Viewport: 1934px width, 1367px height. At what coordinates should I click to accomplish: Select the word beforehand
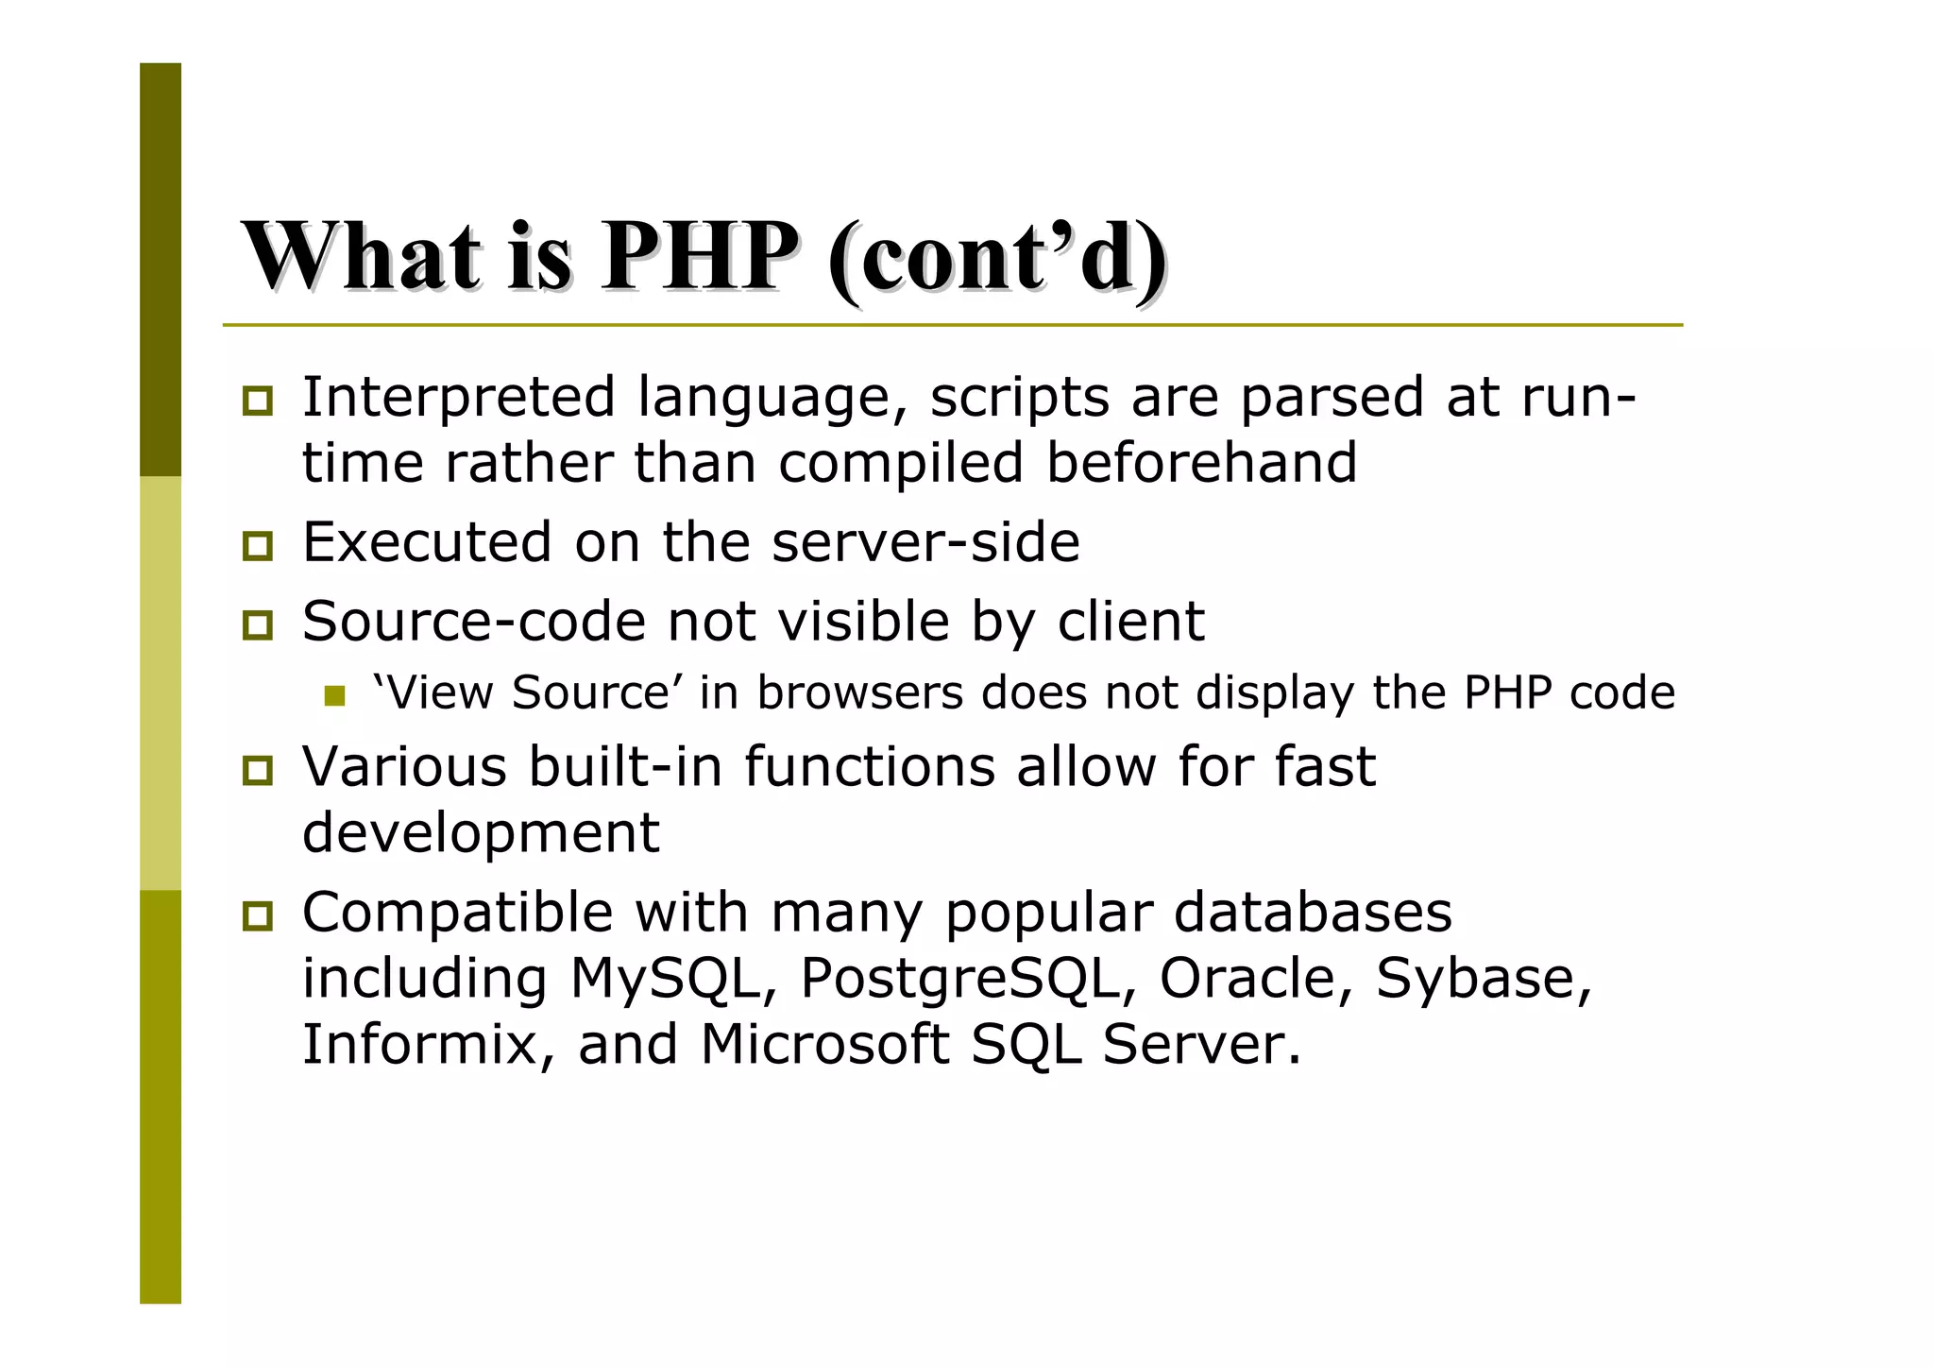[x=1201, y=463]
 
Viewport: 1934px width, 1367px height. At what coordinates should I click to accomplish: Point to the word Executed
[x=426, y=542]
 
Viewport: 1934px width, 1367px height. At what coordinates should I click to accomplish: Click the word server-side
[x=925, y=542]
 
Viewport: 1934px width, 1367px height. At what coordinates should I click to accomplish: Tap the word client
[x=1130, y=622]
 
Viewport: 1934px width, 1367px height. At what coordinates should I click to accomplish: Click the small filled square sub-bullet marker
[x=334, y=696]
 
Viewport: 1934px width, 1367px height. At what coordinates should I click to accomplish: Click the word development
[x=481, y=832]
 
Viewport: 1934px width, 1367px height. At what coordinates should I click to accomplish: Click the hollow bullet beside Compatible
[x=257, y=915]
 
